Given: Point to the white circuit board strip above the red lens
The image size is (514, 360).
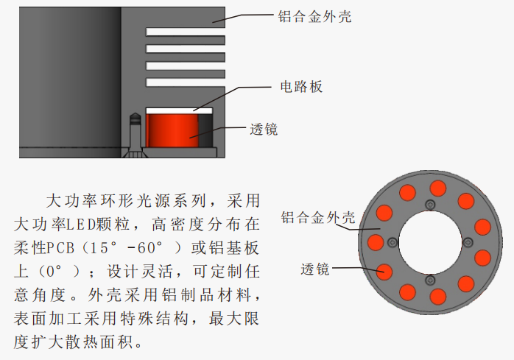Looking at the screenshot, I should [x=179, y=110].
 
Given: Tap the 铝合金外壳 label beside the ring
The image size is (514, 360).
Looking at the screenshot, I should [x=318, y=218].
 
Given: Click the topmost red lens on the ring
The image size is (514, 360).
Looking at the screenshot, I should [x=437, y=187].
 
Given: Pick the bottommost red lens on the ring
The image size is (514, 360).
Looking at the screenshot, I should [x=438, y=297].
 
